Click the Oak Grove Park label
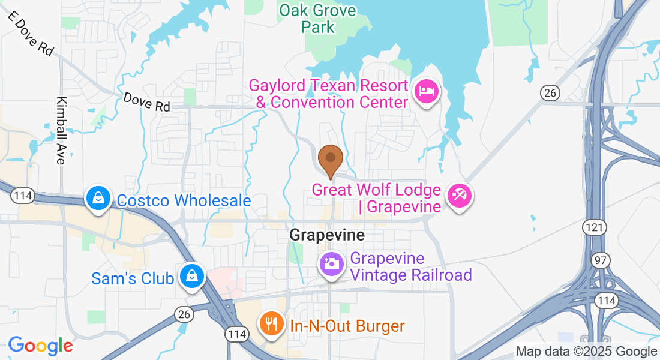click(317, 19)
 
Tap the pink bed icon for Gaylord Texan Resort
click(426, 92)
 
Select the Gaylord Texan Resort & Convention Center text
click(329, 94)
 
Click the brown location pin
click(330, 159)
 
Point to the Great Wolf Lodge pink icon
click(460, 196)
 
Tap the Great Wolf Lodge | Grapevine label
click(376, 199)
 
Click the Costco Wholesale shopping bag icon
click(97, 197)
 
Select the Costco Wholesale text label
click(184, 200)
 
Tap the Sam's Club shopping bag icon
click(191, 277)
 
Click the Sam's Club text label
click(133, 278)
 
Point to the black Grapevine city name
click(327, 235)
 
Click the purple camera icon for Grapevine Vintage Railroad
click(331, 263)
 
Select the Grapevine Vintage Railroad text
click(411, 267)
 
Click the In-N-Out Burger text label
click(347, 326)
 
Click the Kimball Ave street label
click(61, 130)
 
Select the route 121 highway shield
click(590, 227)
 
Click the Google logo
click(40, 346)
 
